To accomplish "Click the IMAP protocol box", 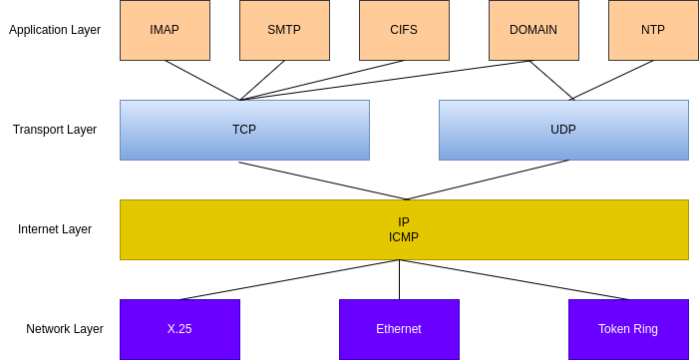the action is pyautogui.click(x=165, y=30).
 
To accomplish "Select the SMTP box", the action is pyautogui.click(x=284, y=30).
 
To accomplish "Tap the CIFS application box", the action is pyautogui.click(x=404, y=30).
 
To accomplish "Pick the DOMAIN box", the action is pyautogui.click(x=533, y=30).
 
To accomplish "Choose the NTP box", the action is pyautogui.click(x=653, y=30).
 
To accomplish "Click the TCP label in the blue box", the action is pyautogui.click(x=244, y=130).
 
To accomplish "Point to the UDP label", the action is pyautogui.click(x=563, y=130).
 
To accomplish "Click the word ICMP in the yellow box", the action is pyautogui.click(x=404, y=237).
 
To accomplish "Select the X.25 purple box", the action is pyautogui.click(x=180, y=330).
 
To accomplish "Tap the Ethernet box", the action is pyautogui.click(x=400, y=330).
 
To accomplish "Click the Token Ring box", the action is pyautogui.click(x=628, y=330).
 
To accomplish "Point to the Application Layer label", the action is pyautogui.click(x=55, y=30).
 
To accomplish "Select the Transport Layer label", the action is pyautogui.click(x=55, y=130).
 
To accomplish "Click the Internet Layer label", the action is pyautogui.click(x=55, y=229).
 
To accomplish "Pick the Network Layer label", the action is pyautogui.click(x=65, y=329).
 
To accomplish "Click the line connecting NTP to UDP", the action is pyautogui.click(x=612, y=80).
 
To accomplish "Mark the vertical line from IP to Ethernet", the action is pyautogui.click(x=400, y=279).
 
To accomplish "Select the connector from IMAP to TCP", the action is pyautogui.click(x=202, y=81).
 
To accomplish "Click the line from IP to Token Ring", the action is pyautogui.click(x=514, y=279).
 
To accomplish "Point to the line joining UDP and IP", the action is pyautogui.click(x=488, y=180).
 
